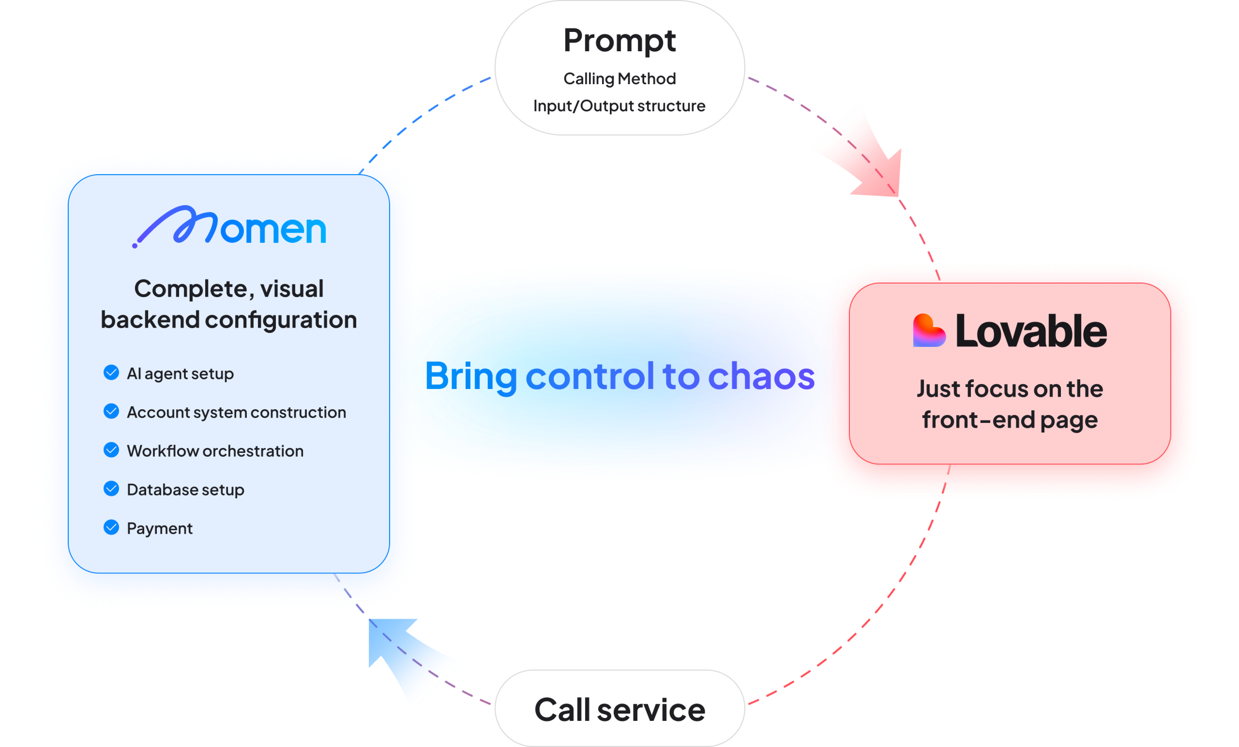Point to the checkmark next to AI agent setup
[x=111, y=373]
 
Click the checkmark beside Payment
[x=111, y=527]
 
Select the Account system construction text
[x=236, y=412]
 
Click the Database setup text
[x=185, y=490]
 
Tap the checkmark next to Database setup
[x=111, y=489]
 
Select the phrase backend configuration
[x=229, y=320]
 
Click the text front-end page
[x=1009, y=420]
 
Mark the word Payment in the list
[x=159, y=528]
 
